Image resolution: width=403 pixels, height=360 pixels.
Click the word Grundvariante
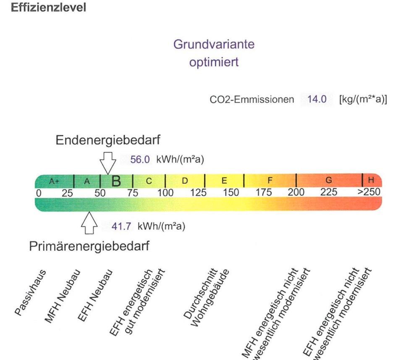point(214,45)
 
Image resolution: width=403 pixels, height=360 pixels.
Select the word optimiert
point(214,63)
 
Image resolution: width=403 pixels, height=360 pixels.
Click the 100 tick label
point(165,193)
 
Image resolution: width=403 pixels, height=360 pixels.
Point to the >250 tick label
point(369,193)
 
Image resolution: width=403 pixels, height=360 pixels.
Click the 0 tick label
point(38,193)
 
